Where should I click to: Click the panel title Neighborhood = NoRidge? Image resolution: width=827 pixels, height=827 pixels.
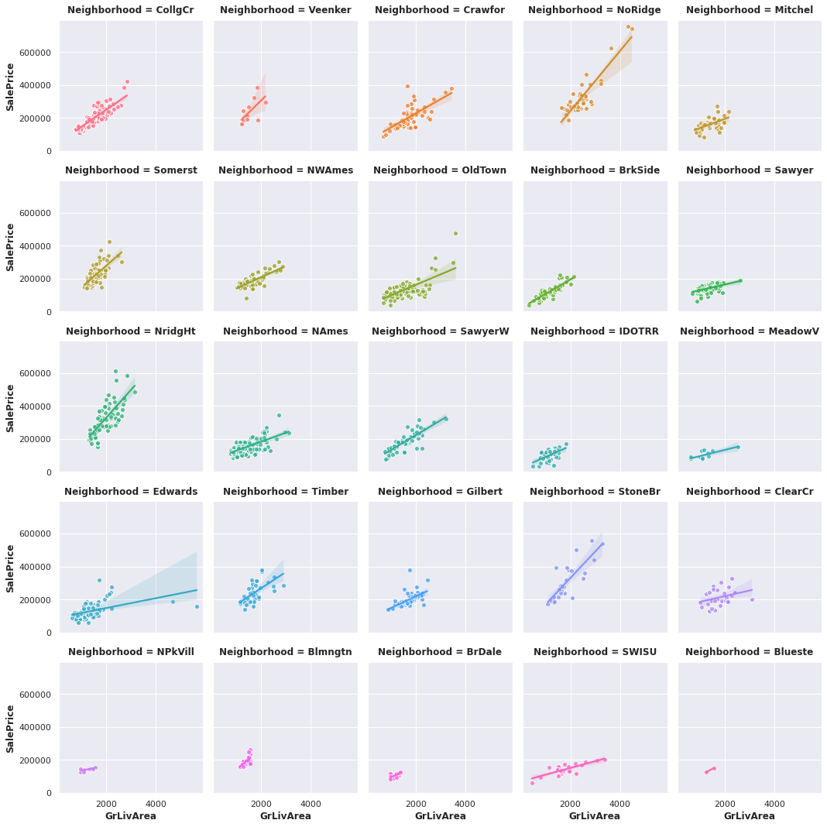595,10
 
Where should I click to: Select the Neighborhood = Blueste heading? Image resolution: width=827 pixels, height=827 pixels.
750,652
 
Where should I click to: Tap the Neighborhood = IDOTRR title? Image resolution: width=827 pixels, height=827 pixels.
595,331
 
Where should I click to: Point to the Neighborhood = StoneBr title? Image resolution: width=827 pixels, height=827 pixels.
595,492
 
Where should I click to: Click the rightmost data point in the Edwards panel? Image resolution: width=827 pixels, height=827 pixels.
197,607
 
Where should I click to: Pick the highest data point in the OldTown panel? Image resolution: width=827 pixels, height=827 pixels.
455,233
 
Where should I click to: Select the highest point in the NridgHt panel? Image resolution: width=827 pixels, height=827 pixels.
116,372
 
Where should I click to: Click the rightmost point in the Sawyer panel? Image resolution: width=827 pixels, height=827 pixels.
740,280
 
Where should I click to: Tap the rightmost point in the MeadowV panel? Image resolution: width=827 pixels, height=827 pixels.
738,447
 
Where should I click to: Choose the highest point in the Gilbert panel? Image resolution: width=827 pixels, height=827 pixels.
410,571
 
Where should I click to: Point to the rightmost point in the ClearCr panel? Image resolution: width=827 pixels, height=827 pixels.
752,599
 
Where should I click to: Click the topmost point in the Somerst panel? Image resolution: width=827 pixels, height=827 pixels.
109,242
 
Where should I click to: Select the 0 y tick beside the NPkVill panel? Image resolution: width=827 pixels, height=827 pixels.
48,793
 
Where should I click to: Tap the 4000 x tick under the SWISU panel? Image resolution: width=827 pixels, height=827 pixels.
620,803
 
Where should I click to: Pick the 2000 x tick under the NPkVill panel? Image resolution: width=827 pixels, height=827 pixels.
107,803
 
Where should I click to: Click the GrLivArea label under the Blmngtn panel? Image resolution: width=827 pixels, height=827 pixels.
285,816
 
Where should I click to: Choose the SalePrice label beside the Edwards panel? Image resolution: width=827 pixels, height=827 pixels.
11,568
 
